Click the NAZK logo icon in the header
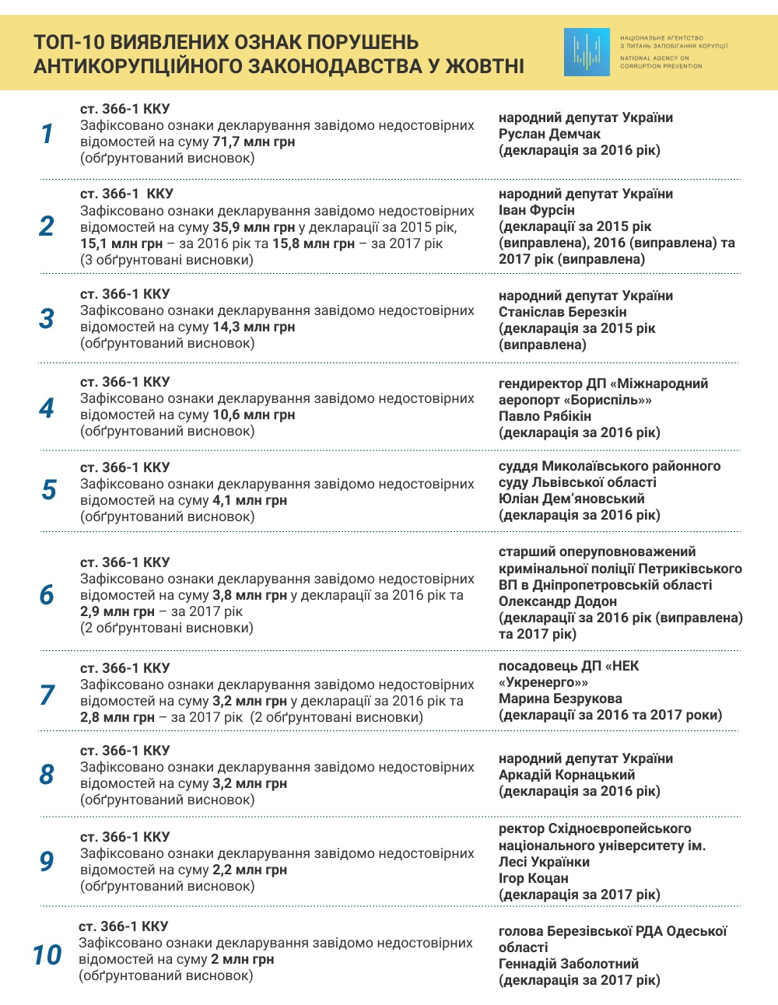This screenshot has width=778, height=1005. [x=587, y=52]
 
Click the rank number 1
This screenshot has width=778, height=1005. [x=47, y=134]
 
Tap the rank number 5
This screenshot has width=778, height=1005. [x=48, y=490]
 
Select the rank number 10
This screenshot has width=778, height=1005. [x=47, y=954]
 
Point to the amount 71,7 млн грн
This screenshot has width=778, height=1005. [x=254, y=142]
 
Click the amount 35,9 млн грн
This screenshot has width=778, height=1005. [x=254, y=227]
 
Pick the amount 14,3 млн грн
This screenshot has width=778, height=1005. [x=254, y=327]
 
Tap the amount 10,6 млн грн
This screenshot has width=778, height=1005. [x=254, y=415]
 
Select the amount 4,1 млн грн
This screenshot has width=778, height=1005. [x=250, y=500]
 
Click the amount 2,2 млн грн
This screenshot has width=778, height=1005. [x=250, y=870]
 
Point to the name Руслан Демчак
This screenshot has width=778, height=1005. [x=549, y=134]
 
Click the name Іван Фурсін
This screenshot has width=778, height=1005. [x=537, y=210]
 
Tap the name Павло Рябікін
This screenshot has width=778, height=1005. [x=545, y=416]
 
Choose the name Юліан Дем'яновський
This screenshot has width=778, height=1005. [x=571, y=499]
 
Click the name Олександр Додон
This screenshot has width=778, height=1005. [x=557, y=601]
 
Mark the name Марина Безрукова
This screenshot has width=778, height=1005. [x=560, y=699]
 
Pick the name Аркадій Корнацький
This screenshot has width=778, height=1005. [x=566, y=775]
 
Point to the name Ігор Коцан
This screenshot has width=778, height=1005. [x=533, y=878]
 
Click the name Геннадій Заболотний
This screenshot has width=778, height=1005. [x=569, y=964]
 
